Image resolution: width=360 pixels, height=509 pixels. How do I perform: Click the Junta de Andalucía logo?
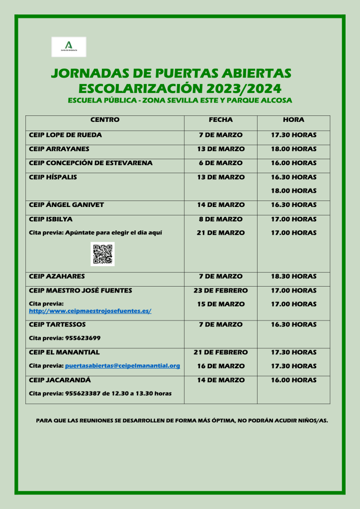pyautogui.click(x=69, y=46)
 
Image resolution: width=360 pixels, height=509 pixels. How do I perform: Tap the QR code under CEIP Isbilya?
pyautogui.click(x=103, y=254)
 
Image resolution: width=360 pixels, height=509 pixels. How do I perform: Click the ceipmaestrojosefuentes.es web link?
pyautogui.click(x=90, y=311)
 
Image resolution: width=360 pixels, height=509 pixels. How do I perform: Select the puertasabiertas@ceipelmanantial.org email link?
pyautogui.click(x=122, y=366)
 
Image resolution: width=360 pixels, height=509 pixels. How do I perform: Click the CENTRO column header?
pyautogui.click(x=105, y=120)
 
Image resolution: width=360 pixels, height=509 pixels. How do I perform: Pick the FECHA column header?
pyautogui.click(x=220, y=120)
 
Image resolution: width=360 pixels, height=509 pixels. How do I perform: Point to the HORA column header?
pyautogui.click(x=293, y=120)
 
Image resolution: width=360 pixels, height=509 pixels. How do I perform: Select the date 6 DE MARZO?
pyautogui.click(x=220, y=163)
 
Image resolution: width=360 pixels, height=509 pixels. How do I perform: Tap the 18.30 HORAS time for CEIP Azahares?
pyautogui.click(x=293, y=276)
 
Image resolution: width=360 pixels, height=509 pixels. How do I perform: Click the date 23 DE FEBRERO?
pyautogui.click(x=220, y=290)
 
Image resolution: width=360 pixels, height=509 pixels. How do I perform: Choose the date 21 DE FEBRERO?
pyautogui.click(x=220, y=352)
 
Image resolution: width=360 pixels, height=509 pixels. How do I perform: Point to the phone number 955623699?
pyautogui.click(x=83, y=338)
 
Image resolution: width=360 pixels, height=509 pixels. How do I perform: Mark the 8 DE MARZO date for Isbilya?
pyautogui.click(x=220, y=219)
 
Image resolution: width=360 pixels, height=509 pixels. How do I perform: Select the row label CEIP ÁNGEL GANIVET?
pyautogui.click(x=67, y=204)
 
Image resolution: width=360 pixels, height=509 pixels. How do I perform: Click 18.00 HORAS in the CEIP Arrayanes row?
pyautogui.click(x=293, y=149)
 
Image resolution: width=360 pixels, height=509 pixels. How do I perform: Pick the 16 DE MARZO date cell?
pyautogui.click(x=220, y=366)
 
